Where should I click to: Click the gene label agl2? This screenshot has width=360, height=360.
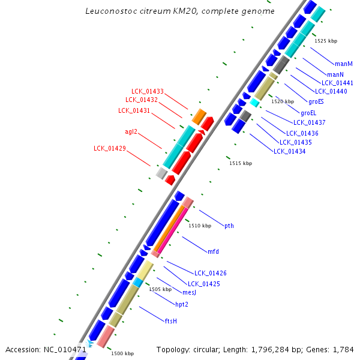(131, 131)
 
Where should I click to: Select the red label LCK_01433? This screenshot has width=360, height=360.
(148, 91)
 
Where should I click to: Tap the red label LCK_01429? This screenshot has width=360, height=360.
(109, 148)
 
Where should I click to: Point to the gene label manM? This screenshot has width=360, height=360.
(344, 64)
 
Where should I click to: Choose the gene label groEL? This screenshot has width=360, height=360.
(308, 113)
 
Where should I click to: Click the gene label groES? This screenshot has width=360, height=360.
(316, 101)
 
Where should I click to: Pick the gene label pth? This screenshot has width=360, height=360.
(229, 226)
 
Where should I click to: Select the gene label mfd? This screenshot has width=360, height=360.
(213, 251)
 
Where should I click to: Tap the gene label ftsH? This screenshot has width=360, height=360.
(171, 321)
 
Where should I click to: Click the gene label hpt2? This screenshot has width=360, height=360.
(181, 304)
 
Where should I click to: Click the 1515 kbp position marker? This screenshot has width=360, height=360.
(241, 163)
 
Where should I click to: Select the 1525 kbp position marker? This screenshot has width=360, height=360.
(326, 41)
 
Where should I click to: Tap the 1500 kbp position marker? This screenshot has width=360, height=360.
(122, 353)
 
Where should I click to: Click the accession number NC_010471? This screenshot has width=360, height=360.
(65, 349)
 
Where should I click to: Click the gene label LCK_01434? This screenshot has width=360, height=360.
(289, 151)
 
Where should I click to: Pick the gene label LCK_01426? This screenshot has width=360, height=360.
(210, 273)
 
